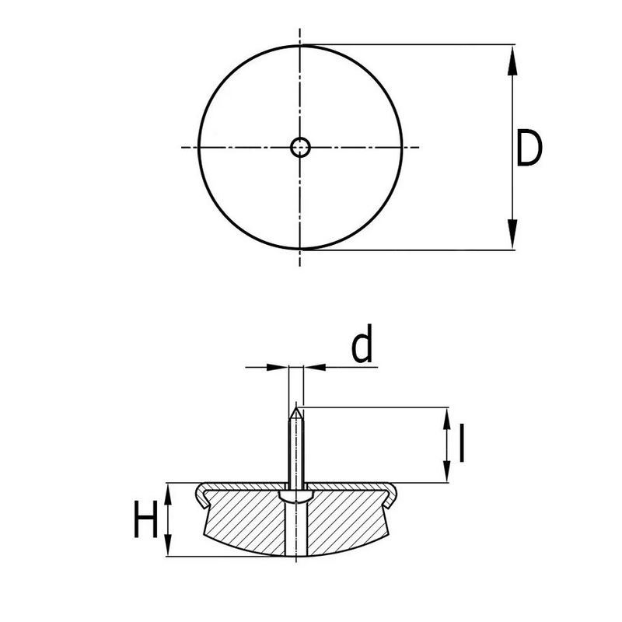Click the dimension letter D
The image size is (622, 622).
pos(529,150)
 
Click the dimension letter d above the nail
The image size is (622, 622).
pos(362,347)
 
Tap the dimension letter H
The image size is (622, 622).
pos(145,521)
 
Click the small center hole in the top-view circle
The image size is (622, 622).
pos(300,146)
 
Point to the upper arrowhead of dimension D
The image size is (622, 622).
pos(513,59)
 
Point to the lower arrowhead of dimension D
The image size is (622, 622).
pos(513,236)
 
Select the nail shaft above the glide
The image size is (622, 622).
pos(296,447)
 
